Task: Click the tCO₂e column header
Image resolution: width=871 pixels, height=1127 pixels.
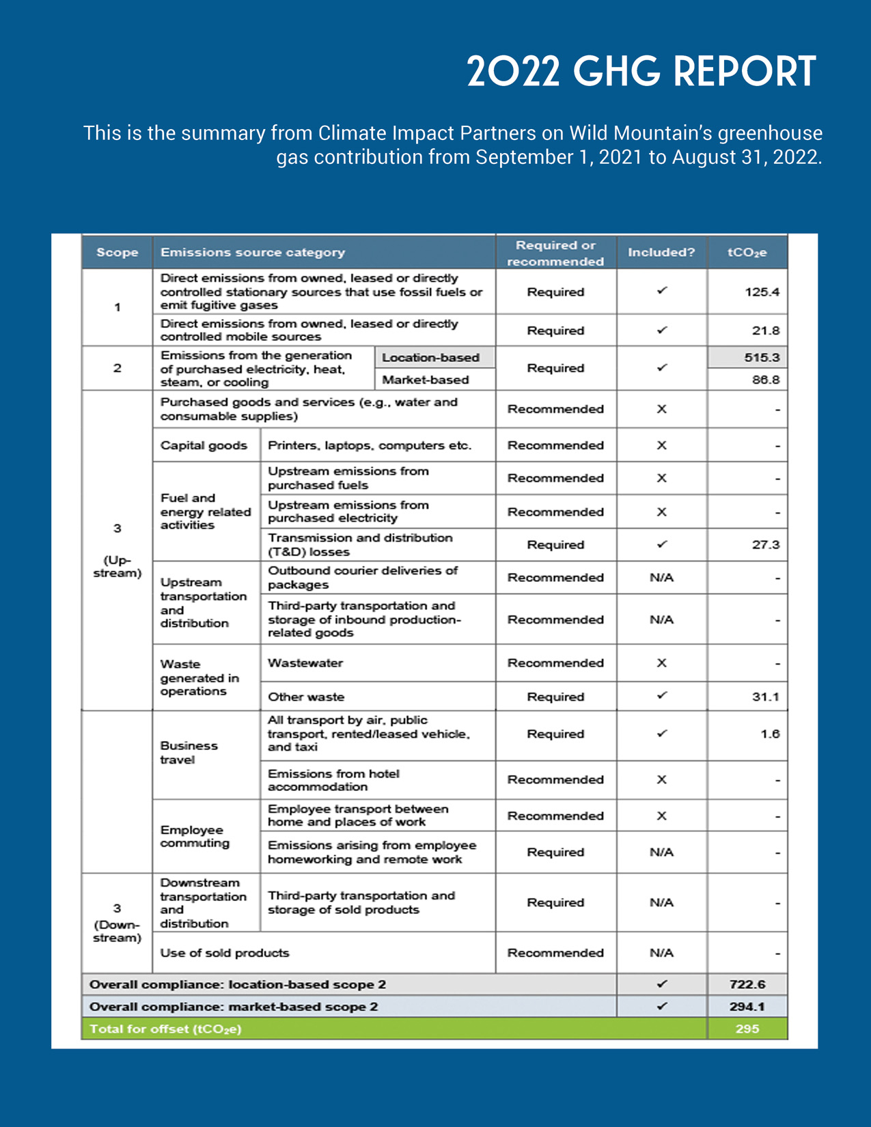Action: point(747,253)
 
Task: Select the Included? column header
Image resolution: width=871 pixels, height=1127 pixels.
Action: point(661,253)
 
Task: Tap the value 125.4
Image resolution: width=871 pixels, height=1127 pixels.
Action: point(761,292)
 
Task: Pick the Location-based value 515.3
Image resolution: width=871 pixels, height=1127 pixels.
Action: point(761,357)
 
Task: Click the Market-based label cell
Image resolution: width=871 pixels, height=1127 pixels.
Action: point(425,380)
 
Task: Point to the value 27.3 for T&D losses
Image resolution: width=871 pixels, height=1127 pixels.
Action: point(765,545)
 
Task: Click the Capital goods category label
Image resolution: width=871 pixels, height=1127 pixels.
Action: point(204,445)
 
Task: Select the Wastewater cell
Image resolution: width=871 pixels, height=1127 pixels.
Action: point(305,663)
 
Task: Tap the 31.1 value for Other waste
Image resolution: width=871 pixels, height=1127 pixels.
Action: point(765,697)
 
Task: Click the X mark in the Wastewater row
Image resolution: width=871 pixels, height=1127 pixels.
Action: point(661,663)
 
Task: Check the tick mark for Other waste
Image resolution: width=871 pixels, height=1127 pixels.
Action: point(661,696)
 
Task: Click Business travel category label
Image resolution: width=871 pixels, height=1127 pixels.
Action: point(189,753)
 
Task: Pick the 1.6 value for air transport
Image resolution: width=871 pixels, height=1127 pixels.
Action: point(769,734)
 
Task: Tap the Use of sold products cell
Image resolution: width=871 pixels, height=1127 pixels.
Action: point(225,953)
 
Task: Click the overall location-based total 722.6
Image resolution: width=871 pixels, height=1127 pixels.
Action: point(747,984)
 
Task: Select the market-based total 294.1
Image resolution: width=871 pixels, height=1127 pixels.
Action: point(747,1007)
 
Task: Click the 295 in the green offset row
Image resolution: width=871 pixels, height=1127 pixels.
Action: point(747,1029)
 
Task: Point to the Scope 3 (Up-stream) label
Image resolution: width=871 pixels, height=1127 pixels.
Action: point(117,551)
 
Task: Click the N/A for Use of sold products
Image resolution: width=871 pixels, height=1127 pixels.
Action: point(661,953)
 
